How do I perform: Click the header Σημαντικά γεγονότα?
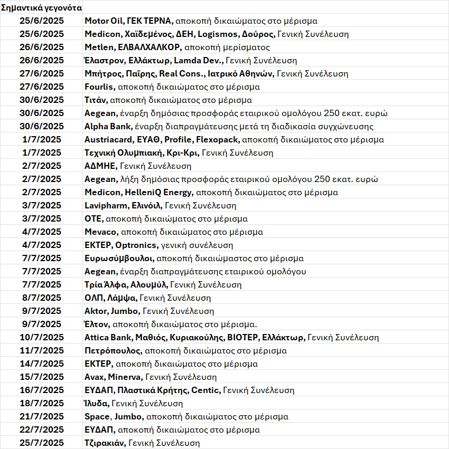(42, 8)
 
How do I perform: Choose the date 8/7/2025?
(42, 298)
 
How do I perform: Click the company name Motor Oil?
(105, 21)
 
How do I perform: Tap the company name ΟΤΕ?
(93, 219)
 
